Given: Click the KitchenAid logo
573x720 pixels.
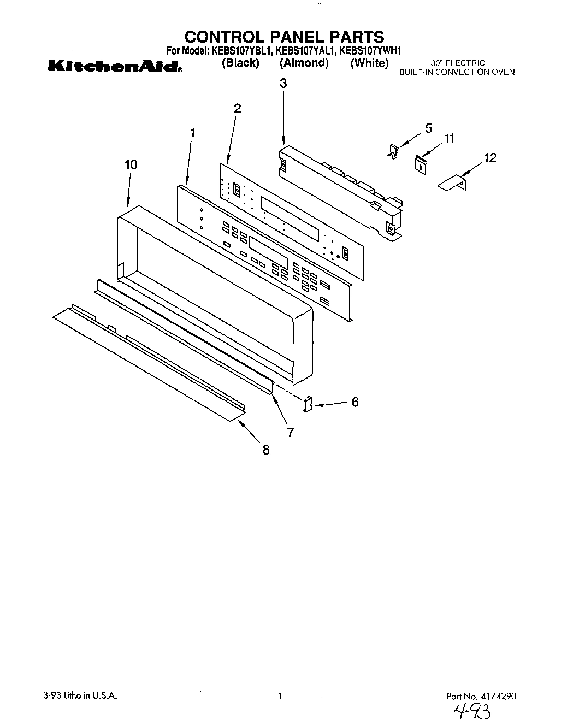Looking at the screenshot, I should click(114, 67).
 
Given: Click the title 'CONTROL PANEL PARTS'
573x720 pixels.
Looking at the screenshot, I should click(284, 37).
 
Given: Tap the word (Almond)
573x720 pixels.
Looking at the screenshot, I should click(304, 63).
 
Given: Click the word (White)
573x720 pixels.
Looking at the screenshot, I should click(369, 63).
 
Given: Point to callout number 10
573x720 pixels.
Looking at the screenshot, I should click(131, 164).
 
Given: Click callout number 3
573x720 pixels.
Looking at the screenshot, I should click(283, 84).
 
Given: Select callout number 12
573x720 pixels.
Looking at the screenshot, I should click(490, 158).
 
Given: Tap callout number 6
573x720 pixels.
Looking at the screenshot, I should click(355, 402).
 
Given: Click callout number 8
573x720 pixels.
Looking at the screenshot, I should click(266, 450).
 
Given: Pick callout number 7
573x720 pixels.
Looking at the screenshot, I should click(290, 432).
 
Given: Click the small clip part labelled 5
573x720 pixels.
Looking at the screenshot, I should click(393, 151).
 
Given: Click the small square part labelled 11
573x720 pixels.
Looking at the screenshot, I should click(420, 163).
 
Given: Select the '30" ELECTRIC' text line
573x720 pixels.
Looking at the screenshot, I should click(457, 63).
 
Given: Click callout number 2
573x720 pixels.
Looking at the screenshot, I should click(237, 109).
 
